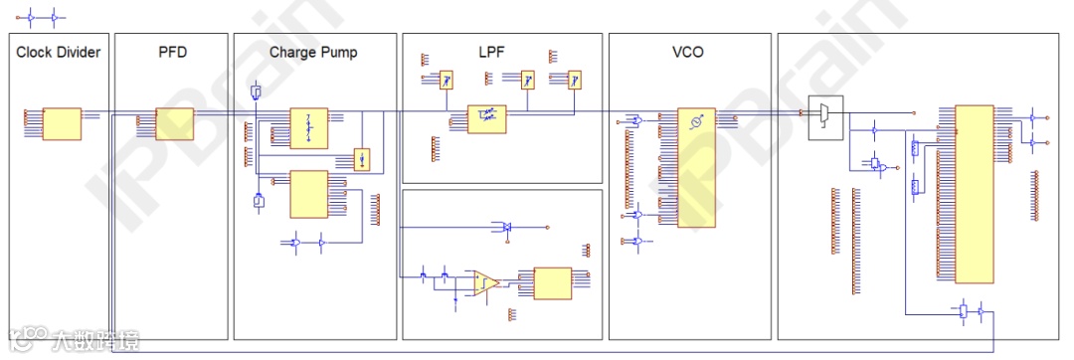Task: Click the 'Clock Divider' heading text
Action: click(58, 52)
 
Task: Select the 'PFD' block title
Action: click(172, 52)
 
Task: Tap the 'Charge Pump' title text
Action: click(312, 52)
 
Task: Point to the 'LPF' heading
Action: click(504, 52)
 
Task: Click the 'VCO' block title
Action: click(688, 52)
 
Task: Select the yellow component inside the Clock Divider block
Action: click(61, 124)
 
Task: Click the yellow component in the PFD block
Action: click(174, 124)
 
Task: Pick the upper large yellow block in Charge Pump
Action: click(308, 128)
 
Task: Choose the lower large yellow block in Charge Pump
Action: click(308, 194)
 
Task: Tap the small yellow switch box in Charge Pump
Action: click(363, 159)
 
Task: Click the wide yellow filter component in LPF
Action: click(487, 117)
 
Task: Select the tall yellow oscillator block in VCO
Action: click(695, 165)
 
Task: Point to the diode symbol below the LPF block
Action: click(505, 228)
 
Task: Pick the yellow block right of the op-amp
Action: click(552, 283)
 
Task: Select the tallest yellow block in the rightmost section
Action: click(974, 193)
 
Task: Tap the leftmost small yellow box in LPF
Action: click(447, 80)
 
